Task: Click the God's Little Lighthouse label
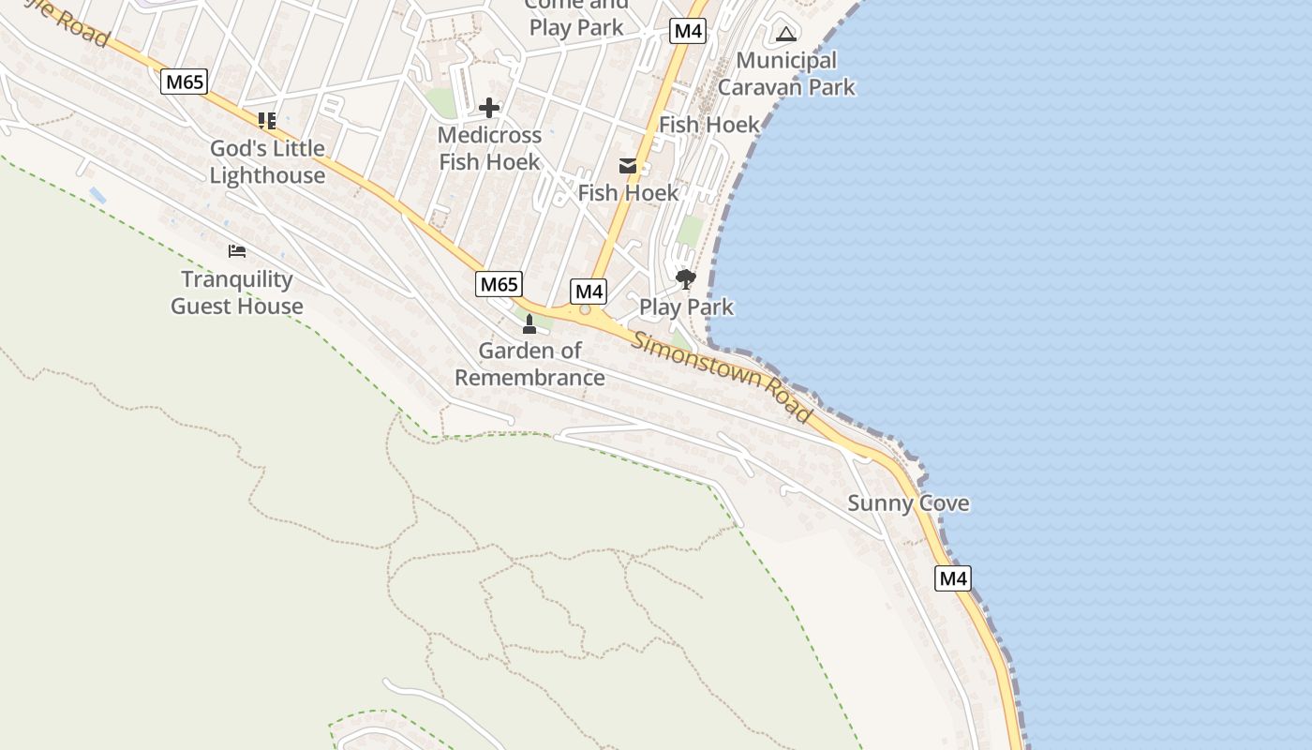[267, 161]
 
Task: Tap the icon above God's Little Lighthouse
[267, 120]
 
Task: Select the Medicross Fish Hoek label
[489, 148]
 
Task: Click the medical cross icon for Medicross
[489, 108]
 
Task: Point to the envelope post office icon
[628, 167]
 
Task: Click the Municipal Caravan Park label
[786, 74]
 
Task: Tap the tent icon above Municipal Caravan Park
[786, 36]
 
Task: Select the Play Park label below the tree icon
[686, 307]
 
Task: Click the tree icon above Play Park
[686, 279]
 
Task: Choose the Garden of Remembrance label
[529, 364]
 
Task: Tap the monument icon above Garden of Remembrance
[529, 324]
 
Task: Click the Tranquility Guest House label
[237, 292]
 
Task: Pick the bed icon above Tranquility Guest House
[237, 251]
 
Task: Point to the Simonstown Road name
[721, 376]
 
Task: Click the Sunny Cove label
[908, 503]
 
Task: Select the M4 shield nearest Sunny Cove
[952, 578]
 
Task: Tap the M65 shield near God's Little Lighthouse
[184, 82]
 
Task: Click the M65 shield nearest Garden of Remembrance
[499, 284]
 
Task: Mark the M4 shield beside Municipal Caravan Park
[688, 31]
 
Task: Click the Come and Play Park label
[576, 17]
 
